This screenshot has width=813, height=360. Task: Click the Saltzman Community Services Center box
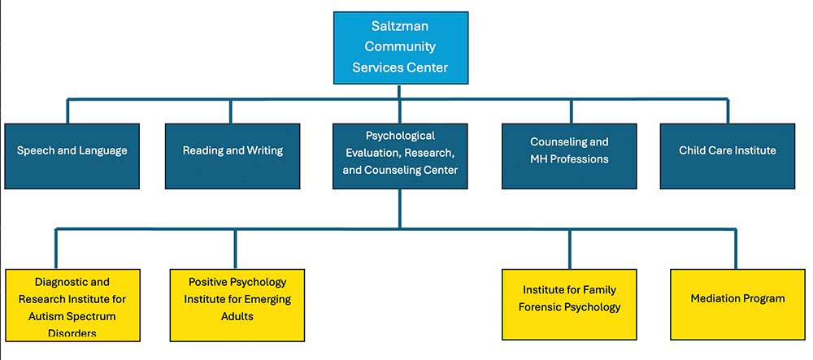(x=400, y=47)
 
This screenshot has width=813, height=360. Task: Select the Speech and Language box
(x=72, y=156)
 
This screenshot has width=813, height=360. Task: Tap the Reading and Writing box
(x=233, y=156)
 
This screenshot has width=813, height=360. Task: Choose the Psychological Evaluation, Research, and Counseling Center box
(x=400, y=156)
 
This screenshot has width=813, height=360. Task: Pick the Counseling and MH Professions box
(x=569, y=156)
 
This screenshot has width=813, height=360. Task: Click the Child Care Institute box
(x=727, y=156)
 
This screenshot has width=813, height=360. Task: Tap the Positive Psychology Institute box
(x=237, y=304)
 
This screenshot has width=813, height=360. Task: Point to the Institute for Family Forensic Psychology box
(x=569, y=304)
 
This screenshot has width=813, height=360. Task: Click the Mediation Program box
(x=737, y=304)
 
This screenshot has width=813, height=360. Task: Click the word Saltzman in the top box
(x=400, y=27)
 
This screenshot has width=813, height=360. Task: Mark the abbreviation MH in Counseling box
(x=540, y=159)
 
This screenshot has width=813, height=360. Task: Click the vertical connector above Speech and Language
(x=67, y=111)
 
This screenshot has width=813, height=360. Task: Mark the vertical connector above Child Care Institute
(x=728, y=111)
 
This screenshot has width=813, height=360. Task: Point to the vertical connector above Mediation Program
(x=735, y=249)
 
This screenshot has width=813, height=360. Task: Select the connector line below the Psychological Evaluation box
(x=400, y=208)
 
